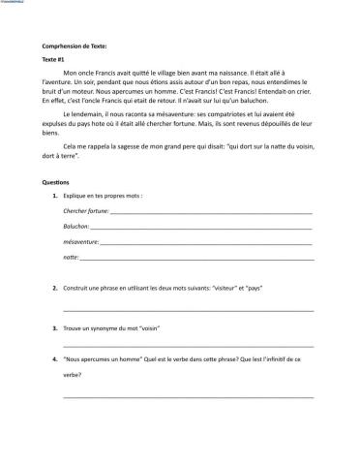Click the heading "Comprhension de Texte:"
75,46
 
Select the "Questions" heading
56,182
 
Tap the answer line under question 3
188,346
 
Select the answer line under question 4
188,395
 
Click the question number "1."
54,197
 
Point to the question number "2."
54,289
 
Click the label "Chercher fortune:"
85,211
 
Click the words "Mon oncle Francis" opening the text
88,73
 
